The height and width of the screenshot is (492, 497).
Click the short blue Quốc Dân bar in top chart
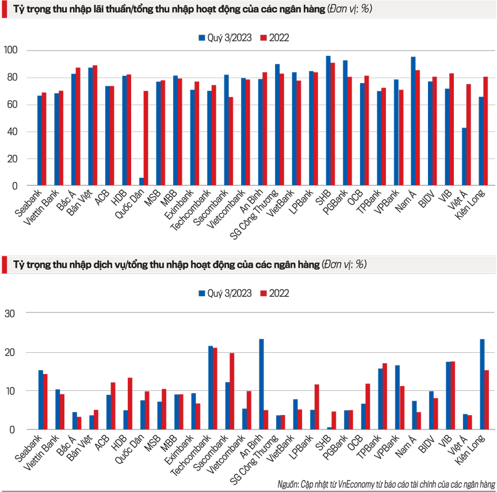tap(142, 182)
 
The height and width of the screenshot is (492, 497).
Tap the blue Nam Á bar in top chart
tap(413, 121)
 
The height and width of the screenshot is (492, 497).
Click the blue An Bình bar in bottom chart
tap(261, 384)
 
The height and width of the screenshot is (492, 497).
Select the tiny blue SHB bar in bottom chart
tap(329, 428)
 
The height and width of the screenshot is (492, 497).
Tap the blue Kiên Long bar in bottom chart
tap(481, 384)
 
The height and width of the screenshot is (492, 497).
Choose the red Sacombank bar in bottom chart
tap(232, 391)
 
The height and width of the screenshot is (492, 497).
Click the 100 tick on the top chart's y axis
tap(11, 51)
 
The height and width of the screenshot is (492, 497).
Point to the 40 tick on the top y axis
tap(13, 132)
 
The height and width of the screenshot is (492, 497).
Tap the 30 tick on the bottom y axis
tap(13, 313)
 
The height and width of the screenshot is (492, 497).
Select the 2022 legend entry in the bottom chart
tap(275, 293)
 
